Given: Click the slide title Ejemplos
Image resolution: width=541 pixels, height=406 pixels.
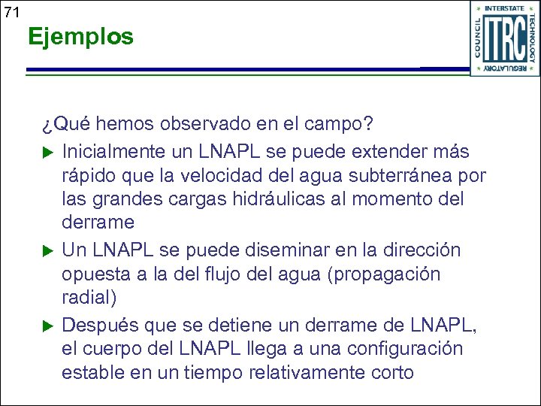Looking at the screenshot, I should click(80, 36).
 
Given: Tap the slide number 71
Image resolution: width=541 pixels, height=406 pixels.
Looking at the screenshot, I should click(11, 12).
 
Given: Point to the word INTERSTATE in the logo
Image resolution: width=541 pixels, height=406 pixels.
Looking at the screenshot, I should click(505, 8).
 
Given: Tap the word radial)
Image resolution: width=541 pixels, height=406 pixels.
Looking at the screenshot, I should click(89, 298).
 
